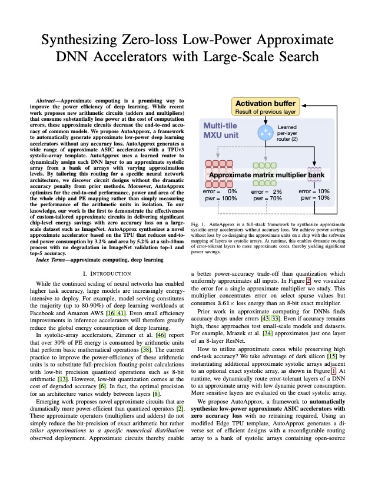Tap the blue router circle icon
point(266,133)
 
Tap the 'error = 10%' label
point(314,191)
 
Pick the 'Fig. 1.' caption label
point(199,224)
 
